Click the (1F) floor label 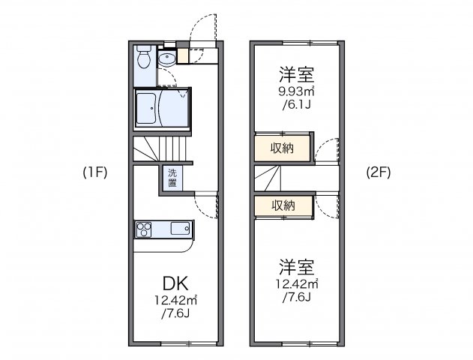(x=96, y=172)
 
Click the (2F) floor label (x=378, y=172)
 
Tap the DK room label (x=175, y=283)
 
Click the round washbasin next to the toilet (x=166, y=58)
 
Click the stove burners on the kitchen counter (x=145, y=229)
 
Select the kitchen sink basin (x=181, y=229)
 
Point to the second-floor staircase (x=271, y=178)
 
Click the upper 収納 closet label (x=283, y=147)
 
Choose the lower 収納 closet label (x=283, y=205)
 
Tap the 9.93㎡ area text (x=296, y=92)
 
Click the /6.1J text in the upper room (x=296, y=106)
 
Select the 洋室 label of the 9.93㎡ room (x=296, y=75)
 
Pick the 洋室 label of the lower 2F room (x=297, y=267)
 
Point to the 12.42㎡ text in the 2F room (x=297, y=284)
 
